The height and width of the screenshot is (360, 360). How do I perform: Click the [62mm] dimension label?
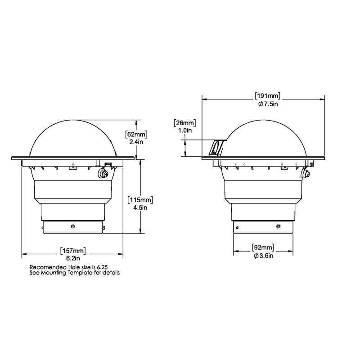[136, 134]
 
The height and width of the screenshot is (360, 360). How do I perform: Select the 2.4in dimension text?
[136, 142]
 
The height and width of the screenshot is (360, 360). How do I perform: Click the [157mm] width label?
[73, 251]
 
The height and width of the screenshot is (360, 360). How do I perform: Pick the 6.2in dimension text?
[73, 259]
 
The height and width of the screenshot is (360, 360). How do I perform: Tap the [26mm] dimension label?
[184, 122]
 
